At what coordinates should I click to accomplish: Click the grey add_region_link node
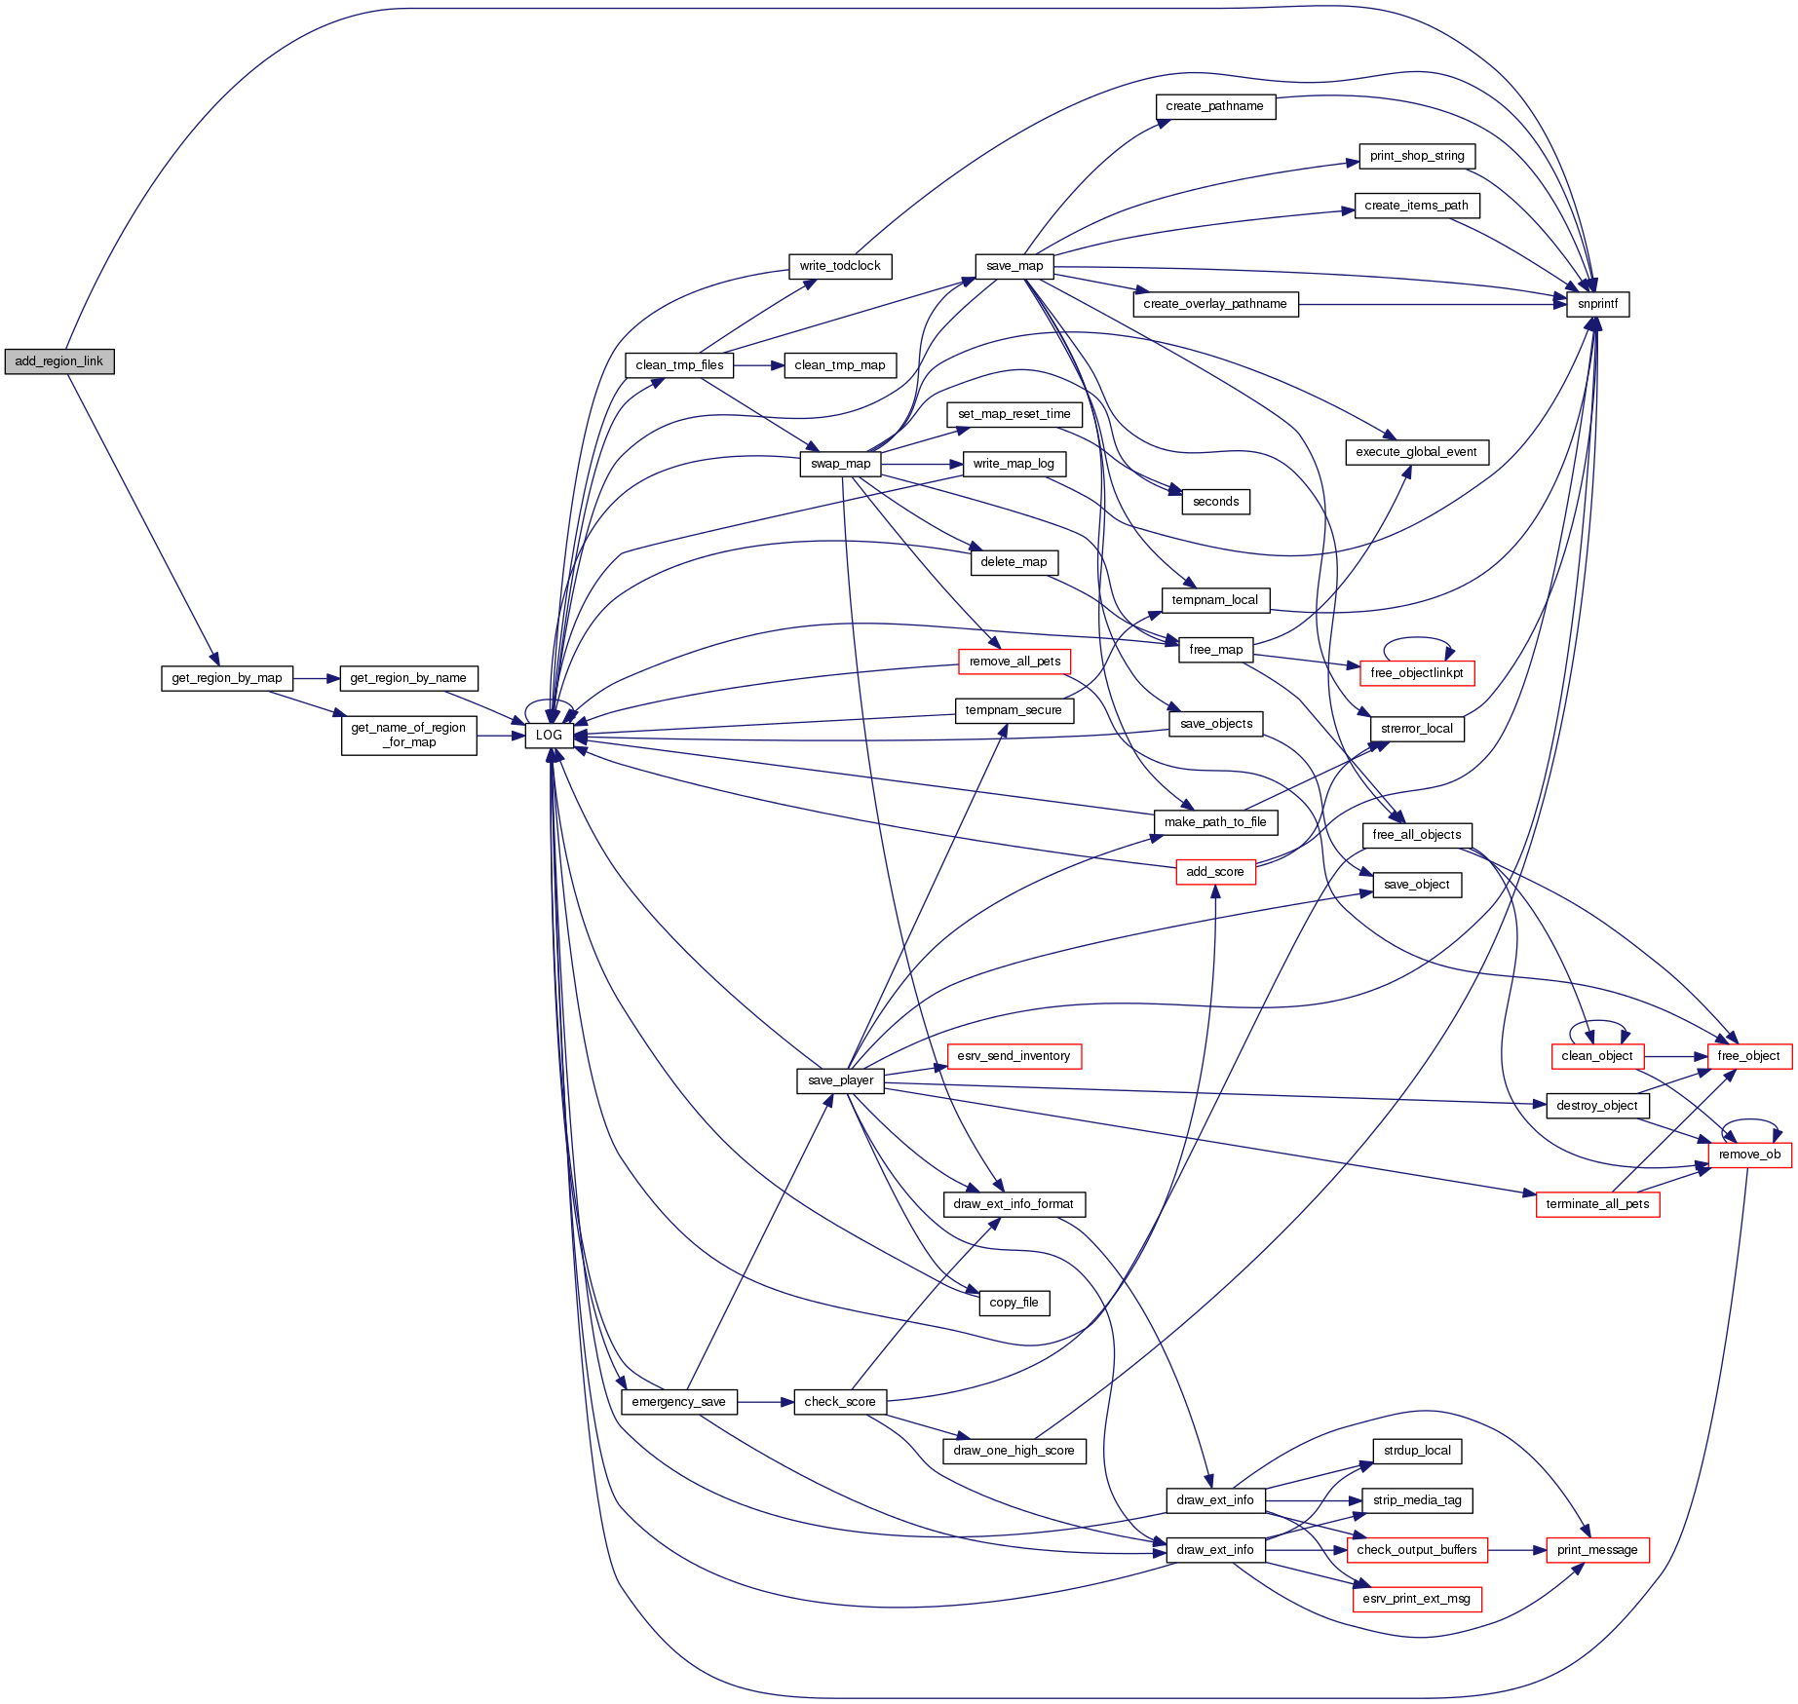point(59,361)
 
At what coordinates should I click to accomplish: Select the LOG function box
point(549,735)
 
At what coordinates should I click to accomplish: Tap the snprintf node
point(1597,304)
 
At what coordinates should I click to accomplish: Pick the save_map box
point(1014,266)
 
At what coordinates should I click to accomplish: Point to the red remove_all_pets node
point(1014,662)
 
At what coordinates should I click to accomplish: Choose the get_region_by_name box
point(408,678)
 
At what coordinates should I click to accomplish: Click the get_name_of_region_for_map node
point(408,735)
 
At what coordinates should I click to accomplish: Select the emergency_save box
point(678,1402)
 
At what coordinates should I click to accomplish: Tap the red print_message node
point(1596,1550)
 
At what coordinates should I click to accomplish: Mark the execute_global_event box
point(1416,452)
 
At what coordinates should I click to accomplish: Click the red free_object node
point(1748,1056)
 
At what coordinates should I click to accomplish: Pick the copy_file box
point(1014,1303)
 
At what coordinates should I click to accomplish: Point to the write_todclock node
point(839,266)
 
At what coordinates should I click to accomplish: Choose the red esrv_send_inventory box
point(1014,1056)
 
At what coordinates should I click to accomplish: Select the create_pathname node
point(1214,106)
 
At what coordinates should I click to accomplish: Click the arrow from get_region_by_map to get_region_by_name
point(316,678)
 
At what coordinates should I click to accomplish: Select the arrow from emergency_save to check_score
point(765,1402)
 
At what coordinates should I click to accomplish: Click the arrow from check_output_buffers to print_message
point(1516,1550)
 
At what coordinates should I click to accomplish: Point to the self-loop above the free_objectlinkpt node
point(1418,638)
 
